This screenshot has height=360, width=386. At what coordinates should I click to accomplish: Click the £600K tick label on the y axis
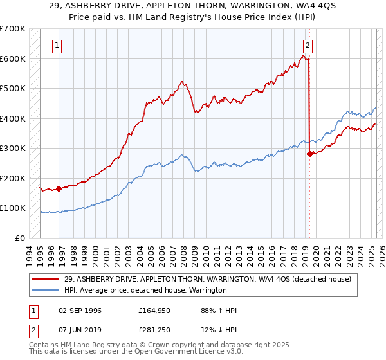point(13,59)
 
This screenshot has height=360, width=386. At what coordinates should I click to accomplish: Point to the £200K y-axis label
point(13,178)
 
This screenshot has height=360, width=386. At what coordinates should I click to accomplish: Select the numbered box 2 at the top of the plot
point(308,45)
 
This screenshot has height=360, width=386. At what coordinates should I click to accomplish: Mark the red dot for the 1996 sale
point(59,188)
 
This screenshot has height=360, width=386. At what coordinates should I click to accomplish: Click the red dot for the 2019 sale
point(309,154)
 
